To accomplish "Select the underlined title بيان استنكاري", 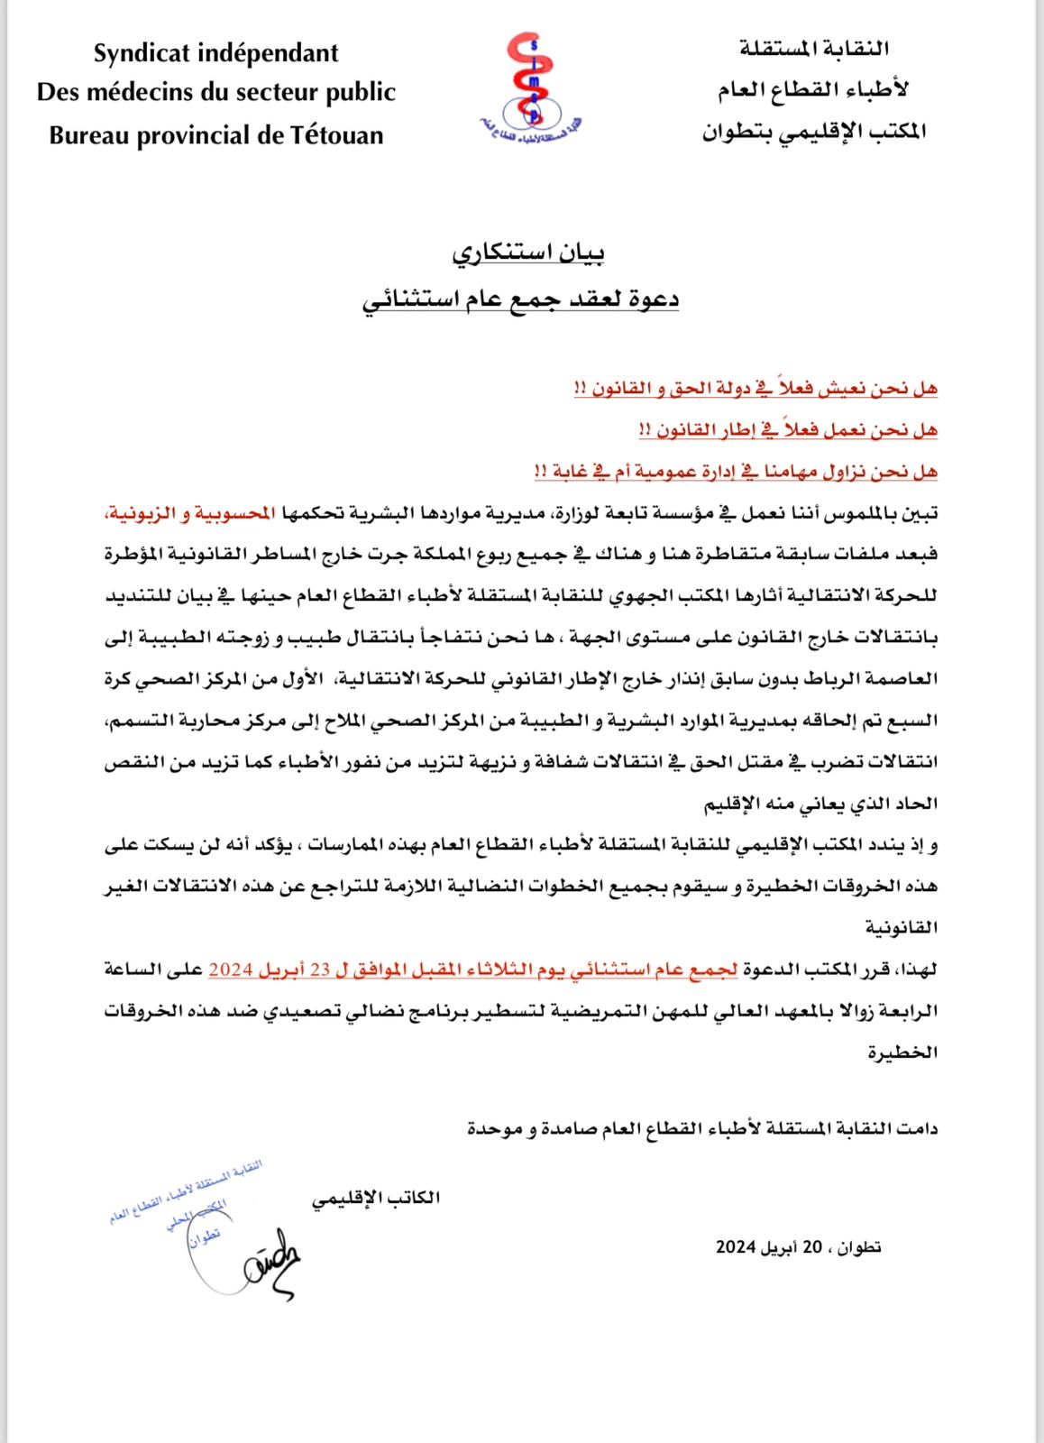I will pyautogui.click(x=527, y=253).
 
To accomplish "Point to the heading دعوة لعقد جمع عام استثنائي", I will pyautogui.click(x=520, y=299).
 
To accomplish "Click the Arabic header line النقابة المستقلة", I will pyautogui.click(x=814, y=49).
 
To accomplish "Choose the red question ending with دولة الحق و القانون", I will pyautogui.click(x=756, y=389).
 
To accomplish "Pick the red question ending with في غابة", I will pyautogui.click(x=736, y=472).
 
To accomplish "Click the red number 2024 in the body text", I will pyautogui.click(x=230, y=970).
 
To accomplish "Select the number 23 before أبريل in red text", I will pyautogui.click(x=319, y=970).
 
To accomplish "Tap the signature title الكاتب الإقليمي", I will pyautogui.click(x=376, y=1199).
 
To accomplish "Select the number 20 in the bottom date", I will pyautogui.click(x=812, y=1247).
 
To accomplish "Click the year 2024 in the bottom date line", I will pyautogui.click(x=735, y=1247).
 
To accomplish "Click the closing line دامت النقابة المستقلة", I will pyautogui.click(x=701, y=1128).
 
